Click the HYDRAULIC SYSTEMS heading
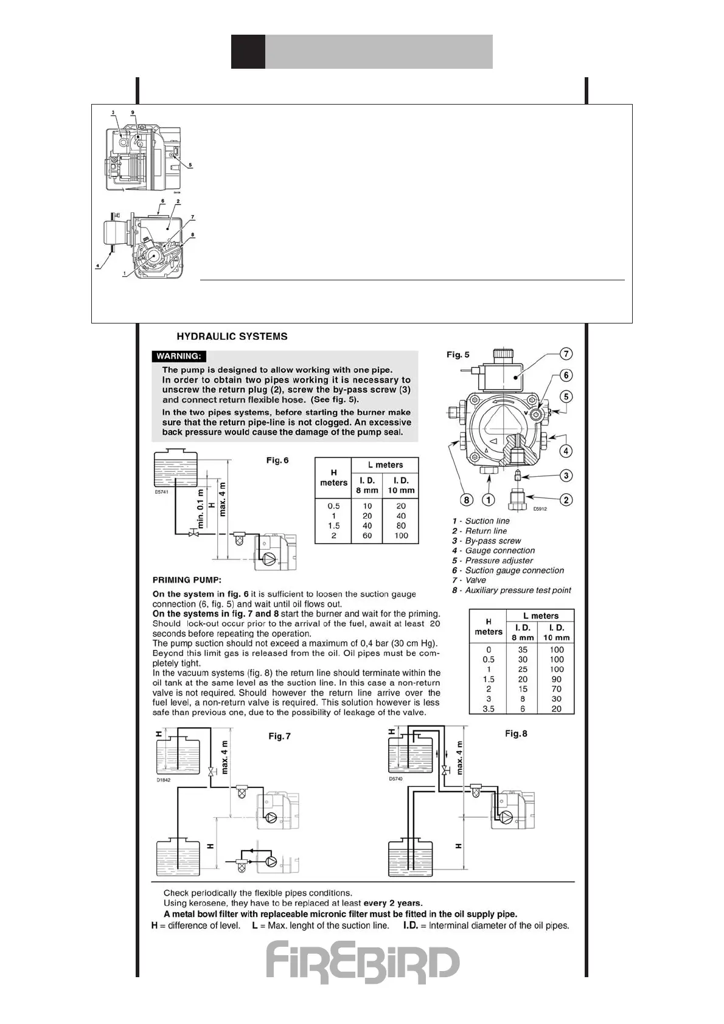232,336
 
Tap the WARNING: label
179,356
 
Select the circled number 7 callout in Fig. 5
566,354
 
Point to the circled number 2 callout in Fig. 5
566,500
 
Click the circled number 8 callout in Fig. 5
467,500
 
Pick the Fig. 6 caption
277,460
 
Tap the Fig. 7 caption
279,736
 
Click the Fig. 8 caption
516,733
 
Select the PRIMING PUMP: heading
187,579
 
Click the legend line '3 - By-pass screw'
487,541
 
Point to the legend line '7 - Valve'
469,580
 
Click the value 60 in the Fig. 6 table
367,536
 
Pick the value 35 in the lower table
523,649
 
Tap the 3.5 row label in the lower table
489,709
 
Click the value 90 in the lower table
556,679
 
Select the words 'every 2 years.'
393,903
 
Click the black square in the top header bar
248,52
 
